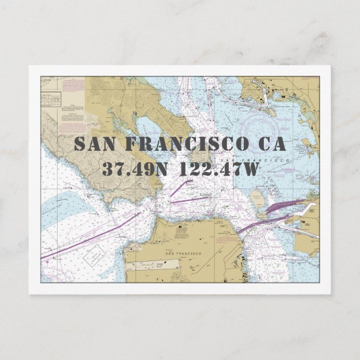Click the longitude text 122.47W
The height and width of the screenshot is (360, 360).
[x=219, y=169]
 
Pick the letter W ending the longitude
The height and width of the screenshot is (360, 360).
[x=249, y=169]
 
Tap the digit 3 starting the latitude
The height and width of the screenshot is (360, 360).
[x=107, y=169]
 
